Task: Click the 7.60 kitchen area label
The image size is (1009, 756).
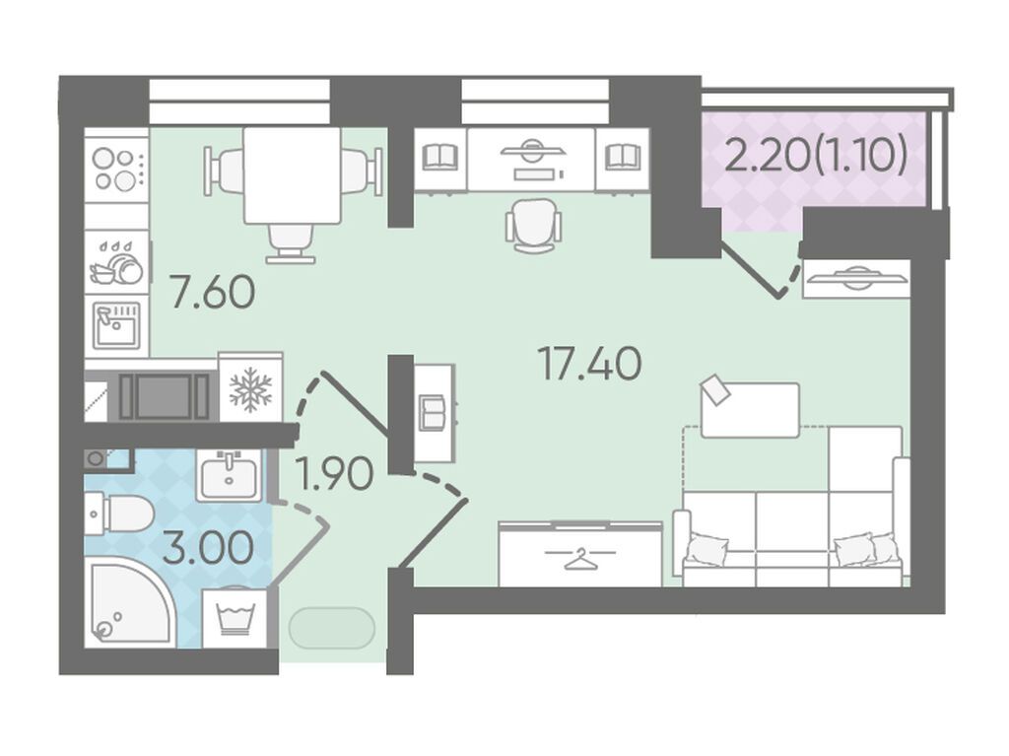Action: click(x=213, y=292)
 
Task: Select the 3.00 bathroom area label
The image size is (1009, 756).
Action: click(x=208, y=549)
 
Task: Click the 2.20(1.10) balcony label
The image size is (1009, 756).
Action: click(x=815, y=155)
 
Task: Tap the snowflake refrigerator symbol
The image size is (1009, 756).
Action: click(x=251, y=389)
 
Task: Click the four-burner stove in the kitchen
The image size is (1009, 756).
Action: click(x=116, y=169)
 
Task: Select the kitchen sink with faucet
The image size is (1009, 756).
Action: click(x=116, y=326)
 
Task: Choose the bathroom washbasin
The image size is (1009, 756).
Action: click(x=229, y=476)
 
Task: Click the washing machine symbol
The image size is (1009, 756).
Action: click(x=235, y=618)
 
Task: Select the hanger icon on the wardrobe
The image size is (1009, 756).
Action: click(x=580, y=558)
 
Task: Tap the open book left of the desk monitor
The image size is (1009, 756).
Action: click(x=440, y=157)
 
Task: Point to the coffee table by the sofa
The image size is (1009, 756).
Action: click(x=750, y=410)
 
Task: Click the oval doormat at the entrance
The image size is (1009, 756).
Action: click(x=332, y=628)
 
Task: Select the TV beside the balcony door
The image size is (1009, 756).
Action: click(x=856, y=278)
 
